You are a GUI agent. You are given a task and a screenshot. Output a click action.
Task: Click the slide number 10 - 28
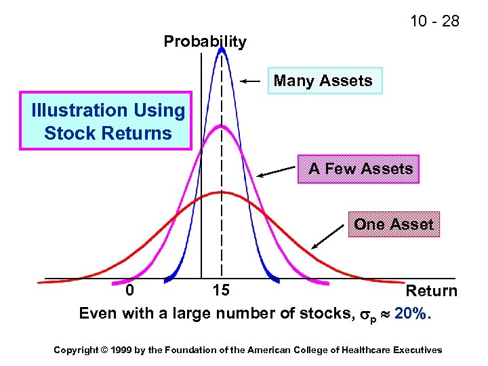click(x=434, y=21)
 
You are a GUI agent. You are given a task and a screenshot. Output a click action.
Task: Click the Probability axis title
click(x=205, y=41)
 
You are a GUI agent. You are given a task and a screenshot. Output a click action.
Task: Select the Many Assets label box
click(x=324, y=81)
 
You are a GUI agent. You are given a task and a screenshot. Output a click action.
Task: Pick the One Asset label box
click(x=394, y=224)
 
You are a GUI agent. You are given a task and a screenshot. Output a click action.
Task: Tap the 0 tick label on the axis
click(x=130, y=291)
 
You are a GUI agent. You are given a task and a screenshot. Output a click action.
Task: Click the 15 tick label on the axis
click(x=221, y=291)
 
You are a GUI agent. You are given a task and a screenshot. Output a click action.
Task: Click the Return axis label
click(x=431, y=291)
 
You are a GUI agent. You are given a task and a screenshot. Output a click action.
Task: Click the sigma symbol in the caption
click(x=363, y=314)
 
